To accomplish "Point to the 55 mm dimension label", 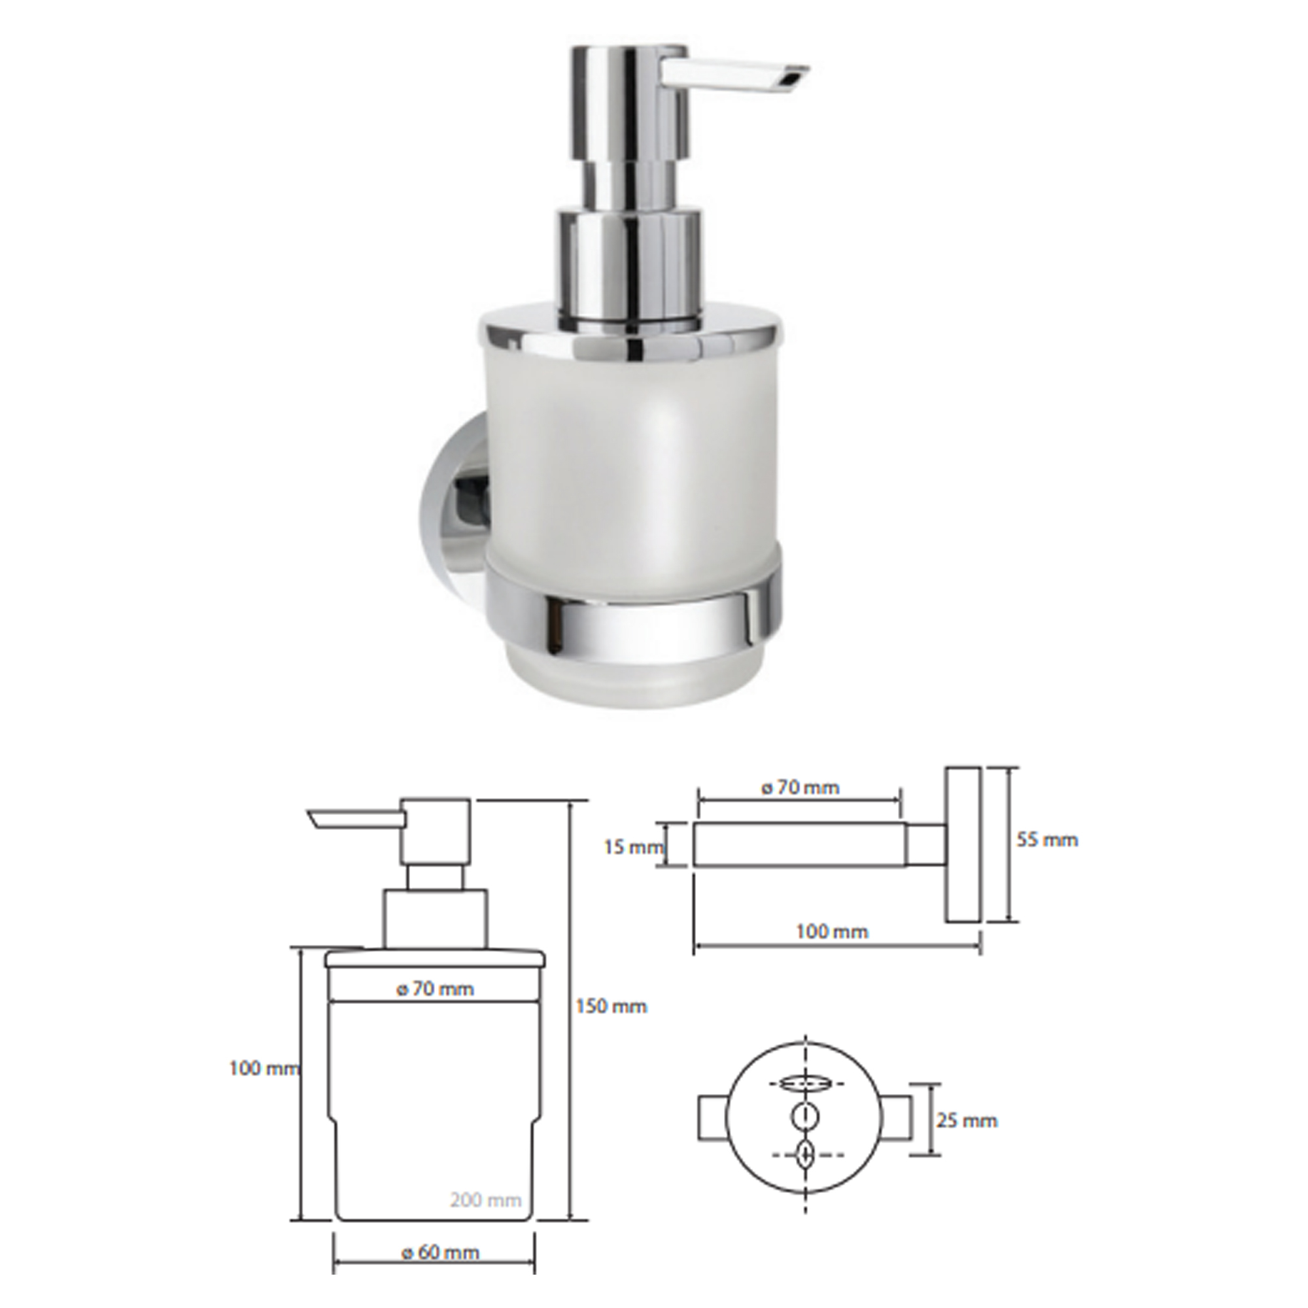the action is (x=1046, y=840).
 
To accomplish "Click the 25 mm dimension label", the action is (x=967, y=1120).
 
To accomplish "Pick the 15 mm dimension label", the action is (x=633, y=847).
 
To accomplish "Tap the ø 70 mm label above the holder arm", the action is (x=800, y=787).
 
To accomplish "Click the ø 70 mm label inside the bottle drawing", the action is (x=436, y=988).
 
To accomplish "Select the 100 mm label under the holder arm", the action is (x=831, y=931).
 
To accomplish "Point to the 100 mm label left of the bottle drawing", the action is (x=265, y=1069).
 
